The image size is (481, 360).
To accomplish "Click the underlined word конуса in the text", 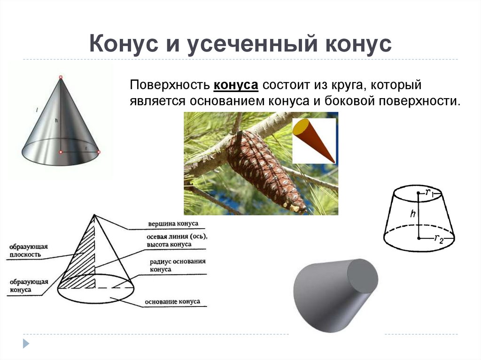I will [x=236, y=86].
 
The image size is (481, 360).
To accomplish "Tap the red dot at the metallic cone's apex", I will [x=61, y=77].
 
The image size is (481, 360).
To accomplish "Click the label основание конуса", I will [x=172, y=302].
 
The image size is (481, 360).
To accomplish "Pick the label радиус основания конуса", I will [x=178, y=265].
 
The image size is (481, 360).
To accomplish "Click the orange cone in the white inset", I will [x=312, y=140].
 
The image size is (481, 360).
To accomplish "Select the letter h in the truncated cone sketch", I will [x=412, y=214].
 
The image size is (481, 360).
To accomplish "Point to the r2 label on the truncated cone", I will [x=438, y=239].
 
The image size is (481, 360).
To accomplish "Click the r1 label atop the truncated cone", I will [x=429, y=191].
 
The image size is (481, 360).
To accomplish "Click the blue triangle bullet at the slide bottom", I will [x=26, y=343].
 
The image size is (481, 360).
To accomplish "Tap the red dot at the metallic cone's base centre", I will [x=61, y=152].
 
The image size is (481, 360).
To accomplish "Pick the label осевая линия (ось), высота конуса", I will [x=176, y=240].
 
